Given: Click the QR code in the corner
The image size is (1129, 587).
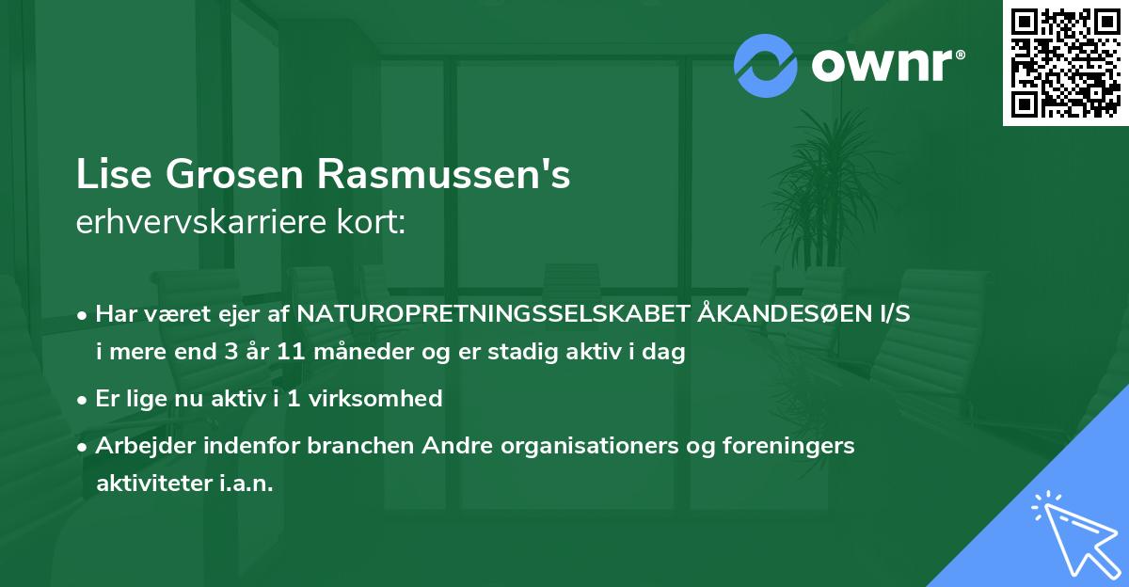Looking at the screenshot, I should point(1065,63).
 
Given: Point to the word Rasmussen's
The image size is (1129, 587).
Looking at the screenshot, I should point(443,176).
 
